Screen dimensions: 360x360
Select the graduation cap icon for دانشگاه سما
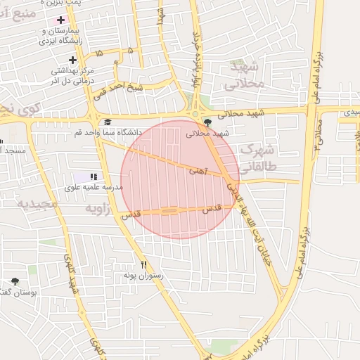[x=108, y=122]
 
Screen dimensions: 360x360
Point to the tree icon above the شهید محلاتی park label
[x=206, y=122]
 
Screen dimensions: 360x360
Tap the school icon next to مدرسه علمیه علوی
[x=94, y=176]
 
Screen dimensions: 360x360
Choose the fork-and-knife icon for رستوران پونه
[x=144, y=265]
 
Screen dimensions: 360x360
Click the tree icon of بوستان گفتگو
[x=15, y=282]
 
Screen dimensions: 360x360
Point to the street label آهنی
[x=198, y=170]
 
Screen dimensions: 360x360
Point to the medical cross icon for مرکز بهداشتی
[x=72, y=60]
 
